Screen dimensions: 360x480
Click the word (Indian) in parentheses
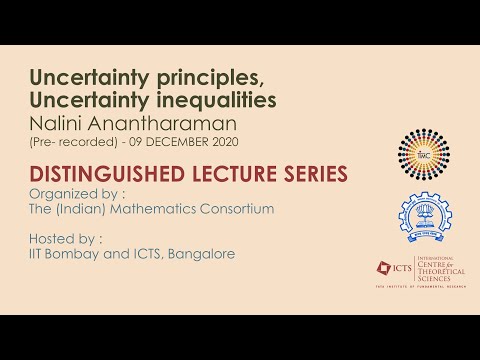pyautogui.click(x=82, y=209)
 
